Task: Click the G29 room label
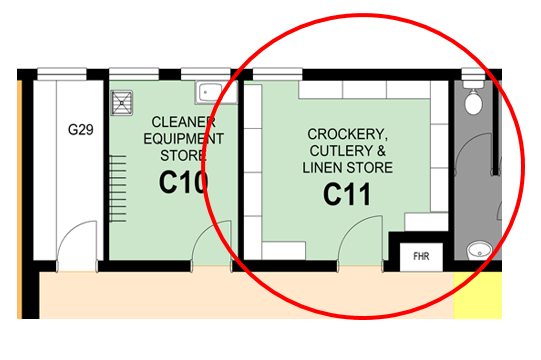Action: click(x=81, y=130)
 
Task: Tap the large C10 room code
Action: click(x=184, y=182)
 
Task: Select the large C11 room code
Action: click(x=347, y=194)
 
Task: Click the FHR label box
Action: click(x=421, y=256)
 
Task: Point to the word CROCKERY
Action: click(x=347, y=134)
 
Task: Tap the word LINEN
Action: click(x=323, y=168)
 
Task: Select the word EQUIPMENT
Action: click(x=184, y=139)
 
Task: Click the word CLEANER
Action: click(x=184, y=122)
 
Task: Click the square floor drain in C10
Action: click(x=122, y=103)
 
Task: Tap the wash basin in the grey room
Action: click(x=480, y=251)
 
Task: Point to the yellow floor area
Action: click(x=478, y=295)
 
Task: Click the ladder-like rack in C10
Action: click(x=118, y=188)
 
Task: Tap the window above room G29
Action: click(x=62, y=74)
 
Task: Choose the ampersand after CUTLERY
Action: click(x=381, y=151)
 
